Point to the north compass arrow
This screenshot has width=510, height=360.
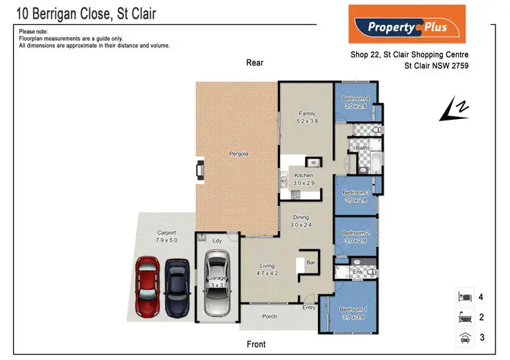[455, 109]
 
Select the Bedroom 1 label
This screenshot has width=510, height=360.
[353, 309]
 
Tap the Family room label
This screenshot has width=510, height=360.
[308, 114]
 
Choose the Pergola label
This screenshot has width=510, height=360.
[238, 153]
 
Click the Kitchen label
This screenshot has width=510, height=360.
[304, 176]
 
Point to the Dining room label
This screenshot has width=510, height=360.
[301, 218]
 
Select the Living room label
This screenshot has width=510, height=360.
[267, 266]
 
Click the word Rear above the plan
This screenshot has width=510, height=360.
[254, 63]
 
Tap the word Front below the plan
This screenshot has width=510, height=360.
[256, 344]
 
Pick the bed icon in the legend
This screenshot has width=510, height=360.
[464, 297]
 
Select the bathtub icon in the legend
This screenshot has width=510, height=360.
[464, 318]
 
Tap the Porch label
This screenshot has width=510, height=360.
[270, 316]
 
